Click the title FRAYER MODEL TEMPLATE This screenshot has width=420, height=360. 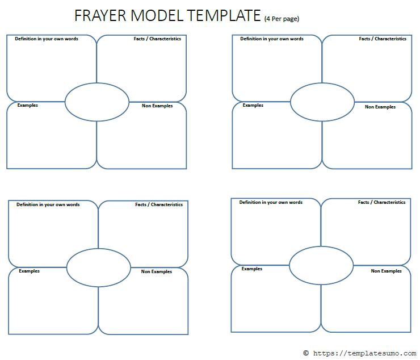[168, 16]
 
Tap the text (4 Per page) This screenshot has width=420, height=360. [282, 19]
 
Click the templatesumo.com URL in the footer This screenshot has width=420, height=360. [363, 353]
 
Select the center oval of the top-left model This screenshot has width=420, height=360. [97, 102]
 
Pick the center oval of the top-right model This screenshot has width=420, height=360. [322, 102]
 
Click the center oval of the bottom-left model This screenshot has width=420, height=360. [99, 267]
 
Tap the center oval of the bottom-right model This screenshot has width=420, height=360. [321, 265]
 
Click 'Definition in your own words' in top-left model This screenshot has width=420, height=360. [47, 39]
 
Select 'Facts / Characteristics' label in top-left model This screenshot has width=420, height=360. [157, 39]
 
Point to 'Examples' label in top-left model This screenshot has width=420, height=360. [28, 105]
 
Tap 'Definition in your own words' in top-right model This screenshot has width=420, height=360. [272, 39]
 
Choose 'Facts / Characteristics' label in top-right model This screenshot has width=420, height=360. [383, 39]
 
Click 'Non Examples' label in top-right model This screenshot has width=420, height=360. [380, 107]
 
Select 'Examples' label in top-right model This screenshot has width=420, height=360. [253, 105]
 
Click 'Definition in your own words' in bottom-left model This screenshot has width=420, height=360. [48, 204]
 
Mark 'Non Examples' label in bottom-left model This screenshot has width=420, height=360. [157, 271]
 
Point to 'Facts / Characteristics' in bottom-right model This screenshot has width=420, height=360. [381, 202]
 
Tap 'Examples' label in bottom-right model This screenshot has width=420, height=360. [252, 269]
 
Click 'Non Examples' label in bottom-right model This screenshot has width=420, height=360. [387, 271]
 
